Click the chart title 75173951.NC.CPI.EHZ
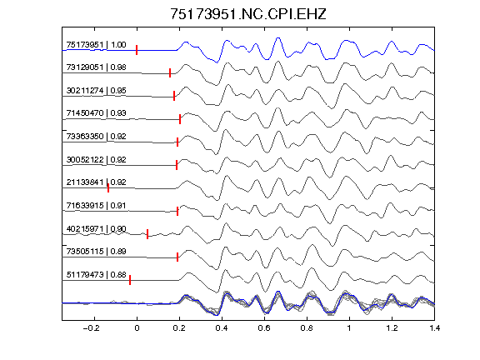point(248,14)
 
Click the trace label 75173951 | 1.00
point(96,45)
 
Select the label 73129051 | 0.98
point(96,67)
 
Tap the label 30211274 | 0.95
point(96,90)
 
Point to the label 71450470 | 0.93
point(96,113)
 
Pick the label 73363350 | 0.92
point(96,136)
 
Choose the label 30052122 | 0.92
point(96,159)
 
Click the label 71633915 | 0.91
point(96,205)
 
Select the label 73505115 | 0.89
point(96,252)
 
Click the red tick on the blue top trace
point(137,50)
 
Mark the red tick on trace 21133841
point(108,188)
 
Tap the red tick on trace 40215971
point(147,234)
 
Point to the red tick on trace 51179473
point(130,280)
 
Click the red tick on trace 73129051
point(170,72)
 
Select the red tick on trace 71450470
point(180,119)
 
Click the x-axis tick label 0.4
point(222,328)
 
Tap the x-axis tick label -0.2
point(92,328)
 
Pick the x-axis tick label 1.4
point(434,328)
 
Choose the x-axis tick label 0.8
point(307,328)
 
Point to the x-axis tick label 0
point(137,328)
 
